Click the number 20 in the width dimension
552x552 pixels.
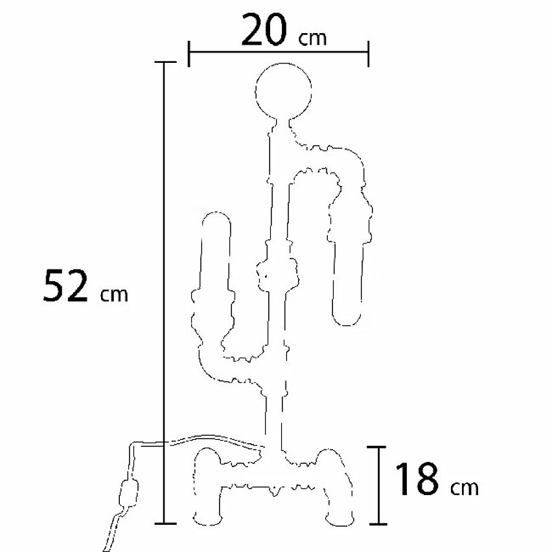[263, 30]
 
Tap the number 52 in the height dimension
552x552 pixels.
[65, 285]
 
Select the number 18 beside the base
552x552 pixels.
[417, 479]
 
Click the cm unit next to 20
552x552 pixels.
[312, 39]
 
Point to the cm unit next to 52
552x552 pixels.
[114, 295]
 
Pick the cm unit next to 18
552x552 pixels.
[465, 488]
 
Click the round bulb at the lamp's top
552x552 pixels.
[283, 91]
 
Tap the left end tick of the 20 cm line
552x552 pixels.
[189, 54]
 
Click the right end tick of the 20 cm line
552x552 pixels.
[368, 54]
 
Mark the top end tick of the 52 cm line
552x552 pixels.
[165, 62]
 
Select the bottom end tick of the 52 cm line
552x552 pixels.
[165, 523]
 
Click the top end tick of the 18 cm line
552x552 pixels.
[376, 447]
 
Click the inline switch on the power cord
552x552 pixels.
[129, 493]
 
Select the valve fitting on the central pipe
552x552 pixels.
[277, 274]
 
